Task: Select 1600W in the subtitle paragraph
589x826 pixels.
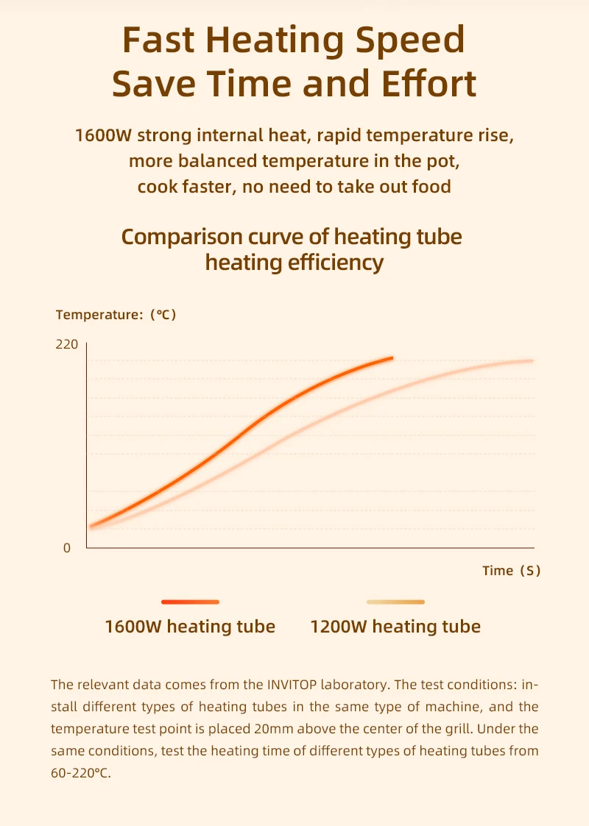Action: pos(103,136)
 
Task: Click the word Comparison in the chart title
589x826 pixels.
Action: pos(182,237)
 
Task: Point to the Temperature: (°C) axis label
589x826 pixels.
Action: pos(116,315)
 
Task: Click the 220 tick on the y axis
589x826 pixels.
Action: pos(67,344)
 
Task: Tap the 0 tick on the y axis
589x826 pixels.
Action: pos(67,548)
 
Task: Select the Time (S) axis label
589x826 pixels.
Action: pos(512,570)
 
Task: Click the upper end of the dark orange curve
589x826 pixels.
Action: pos(391,358)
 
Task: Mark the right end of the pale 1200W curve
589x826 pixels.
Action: pos(531,360)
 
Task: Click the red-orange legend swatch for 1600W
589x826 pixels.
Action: pos(190,602)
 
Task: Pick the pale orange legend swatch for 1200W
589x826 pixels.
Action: pos(395,602)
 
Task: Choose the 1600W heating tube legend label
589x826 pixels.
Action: pos(190,627)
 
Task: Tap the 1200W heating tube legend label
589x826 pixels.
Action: pos(395,627)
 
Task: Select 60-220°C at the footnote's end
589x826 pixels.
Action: pos(80,774)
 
